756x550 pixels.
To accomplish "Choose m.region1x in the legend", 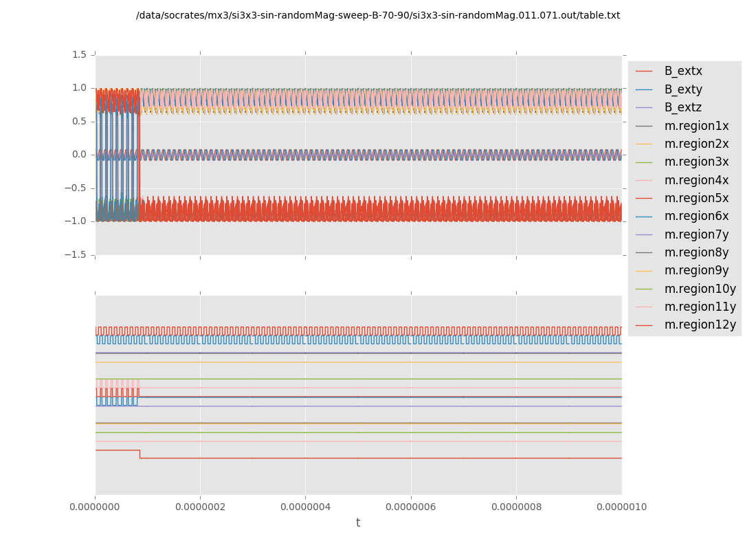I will pyautogui.click(x=696, y=126).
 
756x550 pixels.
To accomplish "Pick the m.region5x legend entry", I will pyautogui.click(x=696, y=198).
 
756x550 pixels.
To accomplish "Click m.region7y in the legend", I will pyautogui.click(x=696, y=234).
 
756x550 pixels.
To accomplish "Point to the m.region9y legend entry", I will pyautogui.click(x=696, y=270).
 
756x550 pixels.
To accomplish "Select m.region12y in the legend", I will pyautogui.click(x=700, y=324).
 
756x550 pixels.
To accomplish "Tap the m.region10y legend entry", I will pyautogui.click(x=700, y=289).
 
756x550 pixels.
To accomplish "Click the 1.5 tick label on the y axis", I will pyautogui.click(x=79, y=54).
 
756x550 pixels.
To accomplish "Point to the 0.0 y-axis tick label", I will pyautogui.click(x=79, y=155).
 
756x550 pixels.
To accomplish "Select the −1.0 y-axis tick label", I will pyautogui.click(x=76, y=221).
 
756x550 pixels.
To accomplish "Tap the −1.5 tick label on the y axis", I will pyautogui.click(x=76, y=254).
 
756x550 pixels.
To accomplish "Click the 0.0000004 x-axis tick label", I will pyautogui.click(x=305, y=507).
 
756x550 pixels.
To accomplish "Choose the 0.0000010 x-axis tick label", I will pyautogui.click(x=621, y=507).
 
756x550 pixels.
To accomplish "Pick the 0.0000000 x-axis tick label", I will pyautogui.click(x=95, y=507).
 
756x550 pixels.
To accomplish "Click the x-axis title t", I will pyautogui.click(x=358, y=523).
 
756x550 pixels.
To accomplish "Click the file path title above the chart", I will pyautogui.click(x=378, y=15).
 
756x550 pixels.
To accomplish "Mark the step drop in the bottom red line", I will pyautogui.click(x=140, y=454).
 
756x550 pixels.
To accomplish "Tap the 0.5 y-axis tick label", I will pyautogui.click(x=79, y=121).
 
